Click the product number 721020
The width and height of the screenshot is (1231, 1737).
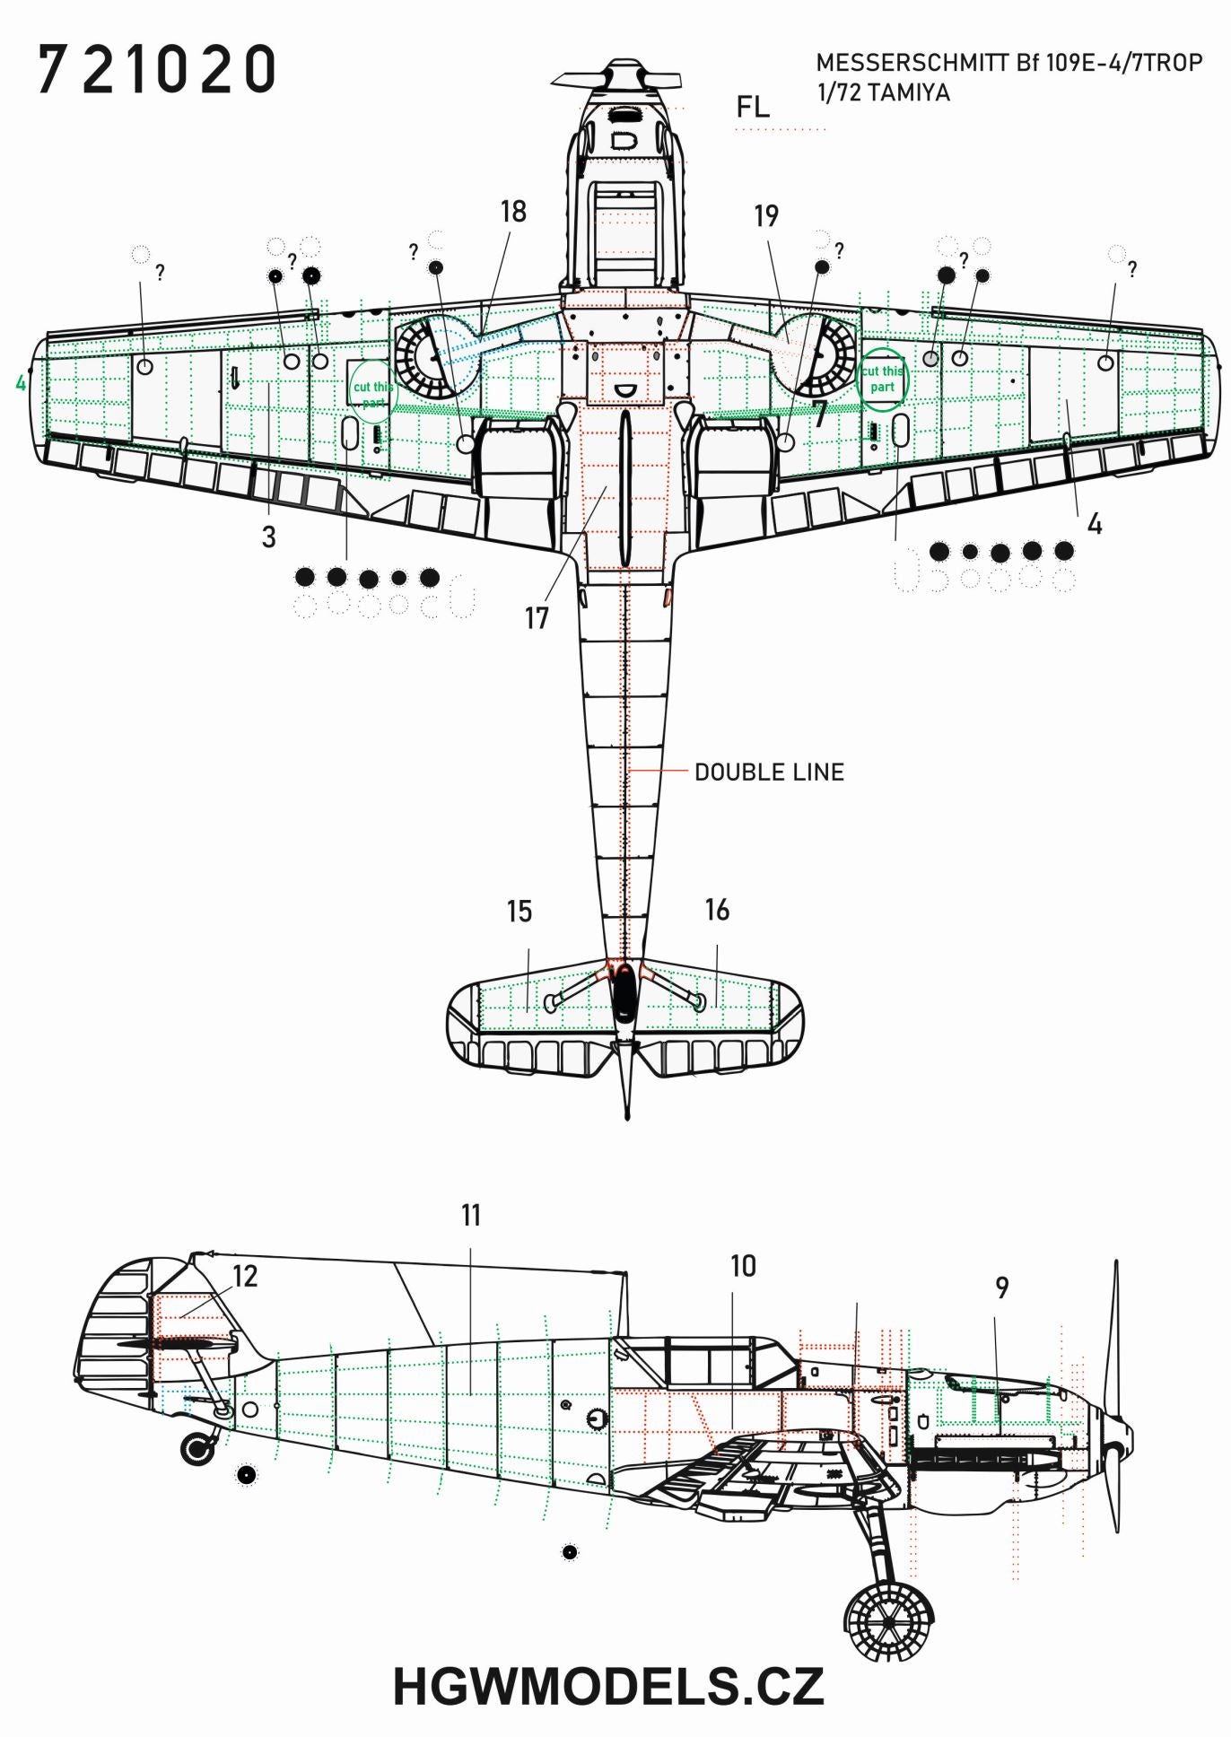click(156, 71)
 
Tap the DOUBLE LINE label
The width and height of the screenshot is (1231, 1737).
click(769, 772)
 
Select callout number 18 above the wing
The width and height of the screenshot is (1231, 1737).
click(513, 212)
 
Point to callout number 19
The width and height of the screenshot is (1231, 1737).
click(766, 215)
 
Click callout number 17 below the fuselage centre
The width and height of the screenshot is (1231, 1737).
click(537, 618)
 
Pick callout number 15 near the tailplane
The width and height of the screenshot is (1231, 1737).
click(519, 912)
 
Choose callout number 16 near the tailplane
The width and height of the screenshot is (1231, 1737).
click(717, 910)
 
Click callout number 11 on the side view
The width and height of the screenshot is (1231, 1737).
click(471, 1215)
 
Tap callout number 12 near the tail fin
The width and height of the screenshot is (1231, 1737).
click(245, 1276)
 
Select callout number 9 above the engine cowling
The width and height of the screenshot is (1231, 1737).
click(1002, 1287)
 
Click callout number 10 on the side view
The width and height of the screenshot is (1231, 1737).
click(743, 1266)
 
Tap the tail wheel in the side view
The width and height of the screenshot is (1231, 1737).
click(198, 1448)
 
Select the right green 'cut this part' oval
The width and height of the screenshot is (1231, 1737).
click(883, 379)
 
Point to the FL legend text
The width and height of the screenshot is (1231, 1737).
click(753, 108)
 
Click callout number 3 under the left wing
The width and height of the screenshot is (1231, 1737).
click(268, 537)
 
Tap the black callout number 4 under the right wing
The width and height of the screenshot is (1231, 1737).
click(1094, 524)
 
